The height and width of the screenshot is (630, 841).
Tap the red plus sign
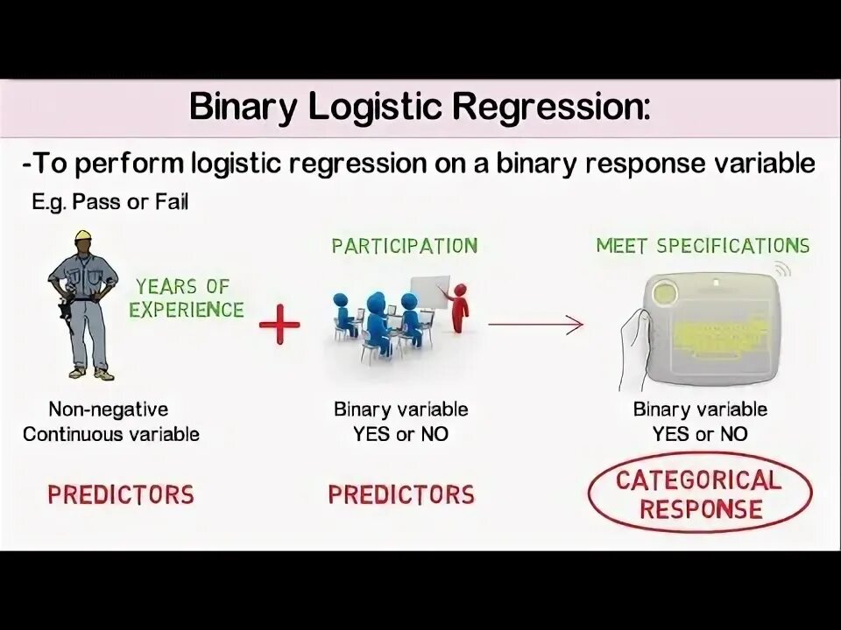279,325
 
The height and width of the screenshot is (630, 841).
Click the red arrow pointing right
535,325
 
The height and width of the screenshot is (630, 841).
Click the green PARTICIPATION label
404,246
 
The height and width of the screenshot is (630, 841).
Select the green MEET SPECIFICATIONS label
703,246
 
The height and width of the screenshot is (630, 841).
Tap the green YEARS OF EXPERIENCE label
186,297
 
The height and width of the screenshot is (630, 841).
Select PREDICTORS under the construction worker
121,494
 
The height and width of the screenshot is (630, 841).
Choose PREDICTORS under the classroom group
401,494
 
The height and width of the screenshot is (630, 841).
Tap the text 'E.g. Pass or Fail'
110,202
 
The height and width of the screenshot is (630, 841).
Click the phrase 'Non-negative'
109,409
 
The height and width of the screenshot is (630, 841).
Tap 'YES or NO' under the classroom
400,433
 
